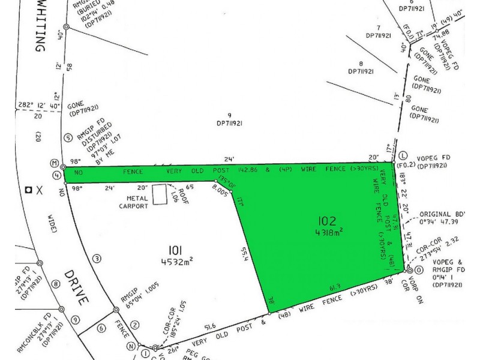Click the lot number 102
pos(328,220)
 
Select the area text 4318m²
pos(328,232)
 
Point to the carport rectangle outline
pos(160,194)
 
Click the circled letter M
pos(55,163)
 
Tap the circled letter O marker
pos(409,271)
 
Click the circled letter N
pos(130,346)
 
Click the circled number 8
pos(56,284)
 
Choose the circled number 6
pos(101,328)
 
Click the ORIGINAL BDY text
pos(443,214)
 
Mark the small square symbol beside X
pos(28,190)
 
